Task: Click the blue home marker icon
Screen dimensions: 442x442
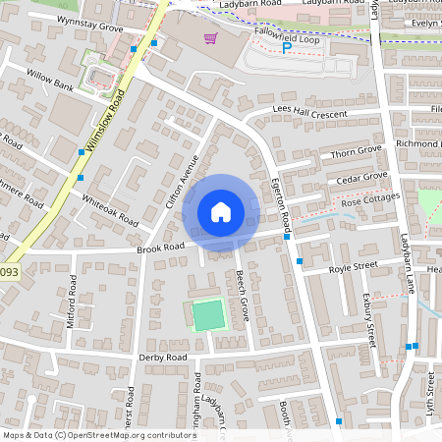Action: [221, 212]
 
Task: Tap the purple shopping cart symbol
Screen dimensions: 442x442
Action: [210, 38]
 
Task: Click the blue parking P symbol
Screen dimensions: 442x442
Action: [287, 47]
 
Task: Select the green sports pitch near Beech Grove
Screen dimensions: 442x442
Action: [208, 315]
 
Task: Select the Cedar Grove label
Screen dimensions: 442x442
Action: [362, 178]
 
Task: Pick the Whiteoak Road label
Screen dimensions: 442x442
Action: [110, 208]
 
